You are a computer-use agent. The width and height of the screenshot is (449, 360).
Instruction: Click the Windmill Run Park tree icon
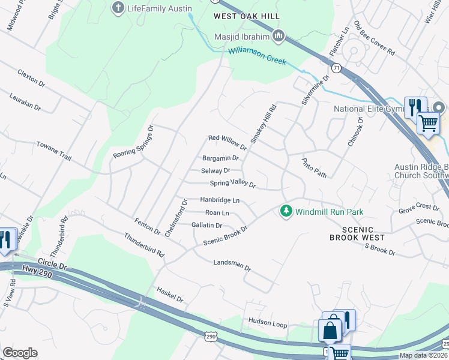pyautogui.click(x=286, y=211)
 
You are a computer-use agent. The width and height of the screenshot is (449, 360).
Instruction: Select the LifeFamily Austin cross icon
pyautogui.click(x=118, y=8)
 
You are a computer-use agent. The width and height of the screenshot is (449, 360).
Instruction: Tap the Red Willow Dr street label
pyautogui.click(x=227, y=142)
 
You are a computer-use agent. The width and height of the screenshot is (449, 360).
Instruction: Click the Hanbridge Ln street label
pyautogui.click(x=220, y=200)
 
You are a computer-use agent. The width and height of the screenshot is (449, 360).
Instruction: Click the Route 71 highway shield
pyautogui.click(x=337, y=69)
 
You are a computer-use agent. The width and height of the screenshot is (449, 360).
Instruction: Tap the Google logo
pyautogui.click(x=20, y=352)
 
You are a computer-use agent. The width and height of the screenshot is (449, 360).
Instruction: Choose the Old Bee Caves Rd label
pyautogui.click(x=373, y=39)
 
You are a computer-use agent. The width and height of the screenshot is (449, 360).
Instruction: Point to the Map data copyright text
pyautogui.click(x=423, y=355)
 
